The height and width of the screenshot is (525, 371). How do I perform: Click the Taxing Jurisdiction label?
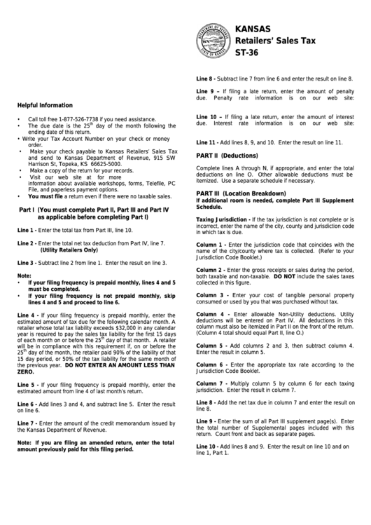223,219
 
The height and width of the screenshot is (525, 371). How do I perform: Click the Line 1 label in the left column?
26,230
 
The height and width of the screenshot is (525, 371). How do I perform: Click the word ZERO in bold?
26,371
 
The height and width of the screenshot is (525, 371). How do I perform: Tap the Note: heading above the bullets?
24,275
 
